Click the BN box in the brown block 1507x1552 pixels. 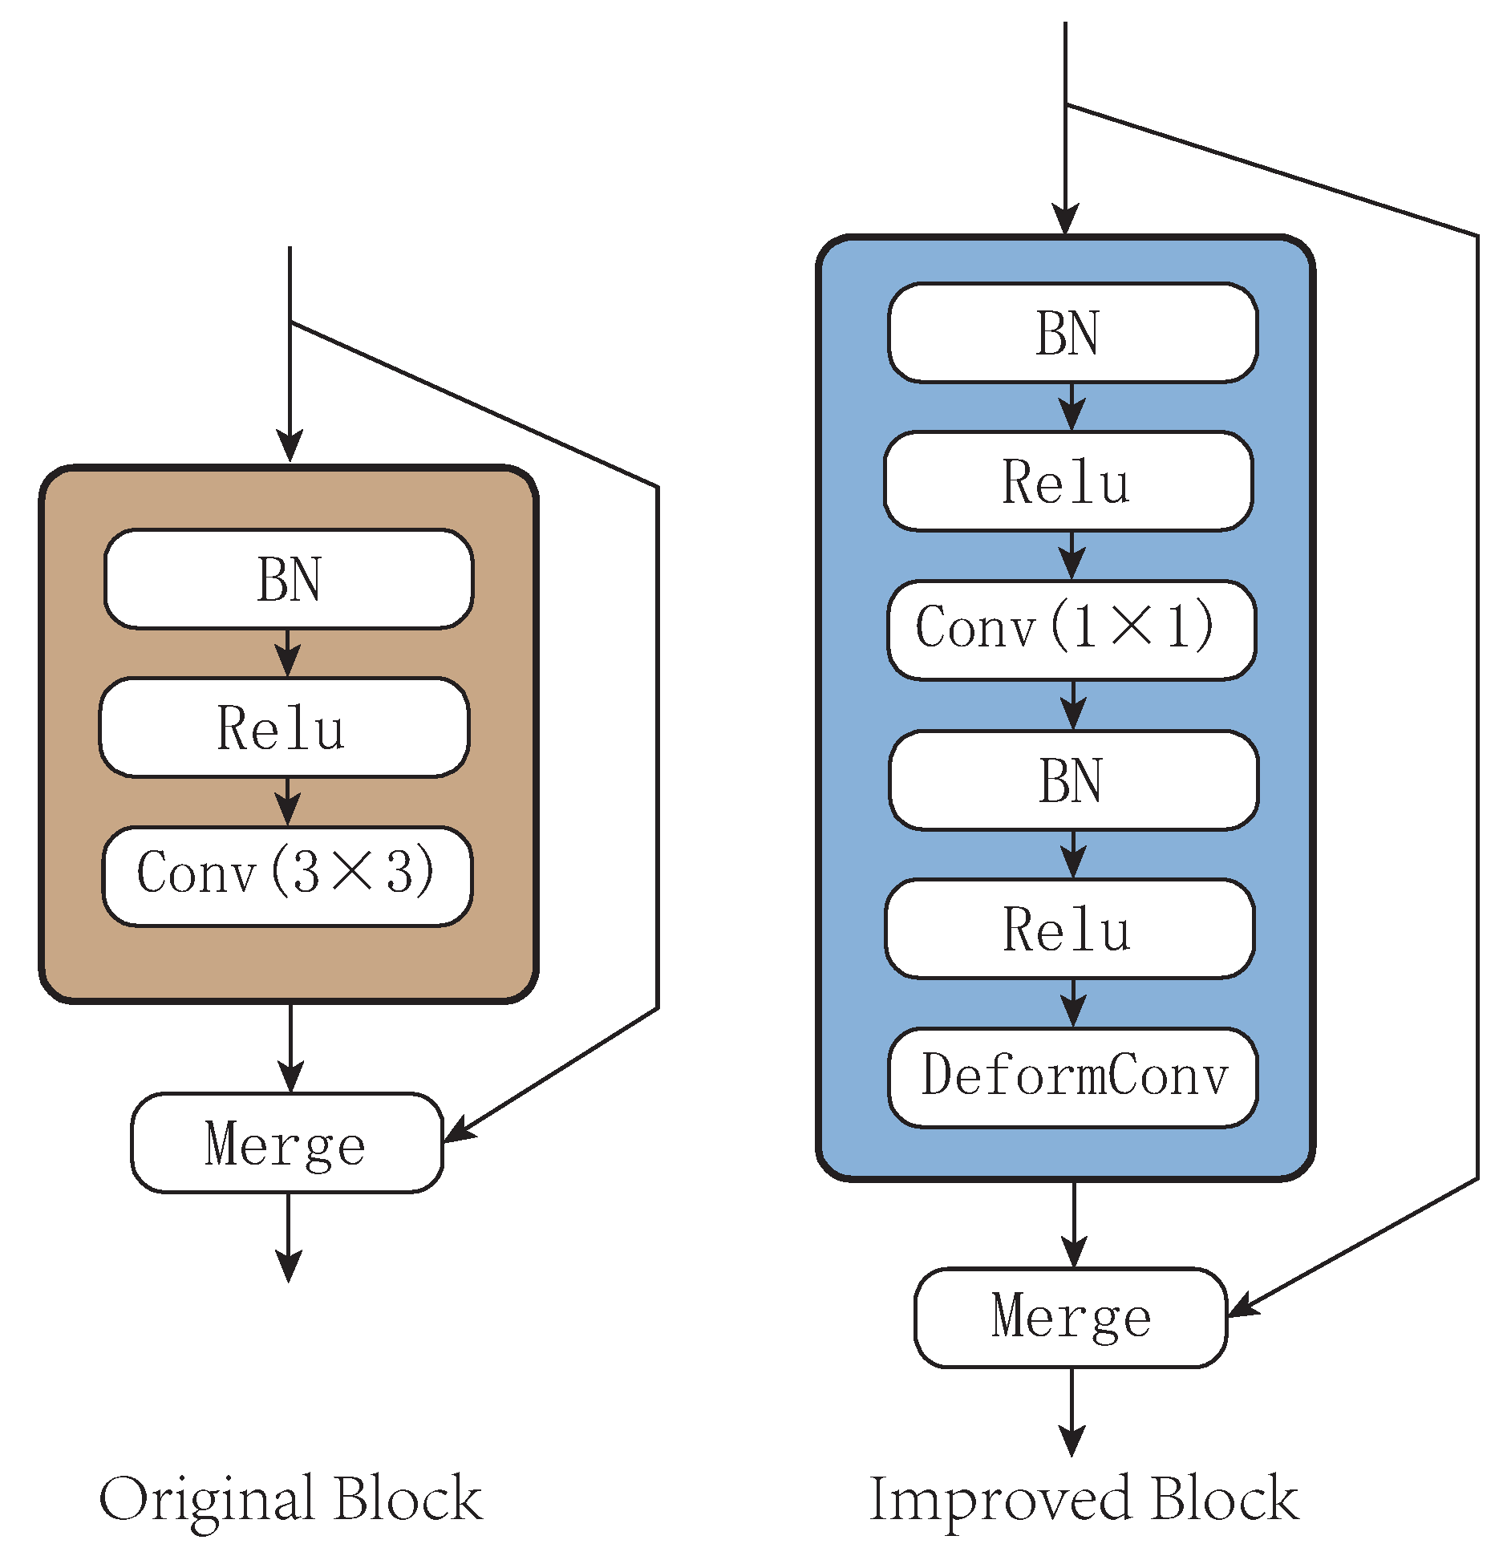click(x=288, y=578)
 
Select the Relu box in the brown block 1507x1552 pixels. click(x=284, y=727)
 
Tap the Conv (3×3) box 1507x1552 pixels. click(x=287, y=875)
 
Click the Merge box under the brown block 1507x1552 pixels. click(x=286, y=1142)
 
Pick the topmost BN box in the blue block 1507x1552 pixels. click(x=1072, y=332)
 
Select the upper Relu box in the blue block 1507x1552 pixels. click(x=1068, y=480)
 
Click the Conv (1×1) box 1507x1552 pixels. click(x=1072, y=630)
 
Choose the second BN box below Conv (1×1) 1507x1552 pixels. click(x=1073, y=780)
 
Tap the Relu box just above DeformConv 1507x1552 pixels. click(x=1069, y=928)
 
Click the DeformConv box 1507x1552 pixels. click(x=1072, y=1076)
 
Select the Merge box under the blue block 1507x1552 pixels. click(x=1071, y=1317)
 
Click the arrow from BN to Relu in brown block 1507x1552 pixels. click(x=288, y=653)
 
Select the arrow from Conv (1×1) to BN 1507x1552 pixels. click(x=1073, y=706)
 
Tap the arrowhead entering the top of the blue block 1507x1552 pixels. click(x=1065, y=218)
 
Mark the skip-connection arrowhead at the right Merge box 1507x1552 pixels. click(x=1243, y=1306)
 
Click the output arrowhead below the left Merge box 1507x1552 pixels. click(x=288, y=1265)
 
